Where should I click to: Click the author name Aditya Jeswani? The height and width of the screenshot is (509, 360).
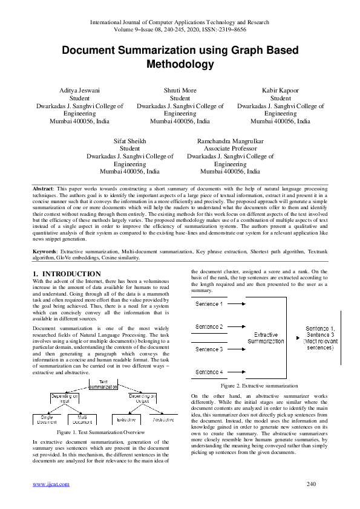(x=80, y=89)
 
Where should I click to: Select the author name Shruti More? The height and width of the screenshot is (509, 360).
(x=180, y=89)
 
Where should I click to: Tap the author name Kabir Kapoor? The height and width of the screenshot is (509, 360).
(x=280, y=89)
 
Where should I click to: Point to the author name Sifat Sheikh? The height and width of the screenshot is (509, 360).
(x=129, y=140)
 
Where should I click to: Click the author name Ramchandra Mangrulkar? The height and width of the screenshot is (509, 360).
(x=230, y=140)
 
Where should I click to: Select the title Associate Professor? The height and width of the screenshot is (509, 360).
(x=230, y=148)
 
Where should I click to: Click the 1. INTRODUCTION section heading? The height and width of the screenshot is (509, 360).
(x=67, y=274)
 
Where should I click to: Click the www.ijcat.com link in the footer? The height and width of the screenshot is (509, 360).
(x=51, y=484)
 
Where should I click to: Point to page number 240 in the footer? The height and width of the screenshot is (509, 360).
(x=312, y=484)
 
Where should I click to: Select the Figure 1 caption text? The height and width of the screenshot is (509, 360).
(x=100, y=433)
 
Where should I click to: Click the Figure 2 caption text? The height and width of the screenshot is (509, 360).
(x=259, y=385)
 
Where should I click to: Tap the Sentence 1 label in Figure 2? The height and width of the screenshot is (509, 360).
(x=209, y=304)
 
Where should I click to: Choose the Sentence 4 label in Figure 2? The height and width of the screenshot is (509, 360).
(x=209, y=372)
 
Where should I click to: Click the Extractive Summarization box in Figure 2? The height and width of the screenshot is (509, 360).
(x=266, y=337)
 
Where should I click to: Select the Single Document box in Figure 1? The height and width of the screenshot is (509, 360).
(x=47, y=420)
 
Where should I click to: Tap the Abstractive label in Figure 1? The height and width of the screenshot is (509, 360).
(x=163, y=419)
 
